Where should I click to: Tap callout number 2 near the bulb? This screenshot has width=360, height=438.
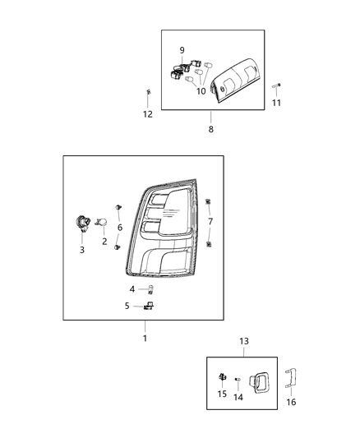click(104, 242)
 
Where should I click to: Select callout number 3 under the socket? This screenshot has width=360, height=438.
click(82, 250)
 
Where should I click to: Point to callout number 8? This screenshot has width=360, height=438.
click(210, 129)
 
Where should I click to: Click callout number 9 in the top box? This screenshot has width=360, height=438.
click(182, 50)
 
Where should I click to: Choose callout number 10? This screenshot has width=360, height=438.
click(201, 91)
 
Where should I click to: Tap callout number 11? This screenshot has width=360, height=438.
click(276, 103)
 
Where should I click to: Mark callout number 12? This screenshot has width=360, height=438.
click(148, 114)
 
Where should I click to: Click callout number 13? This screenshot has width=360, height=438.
click(243, 341)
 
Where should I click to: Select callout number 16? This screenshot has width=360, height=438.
click(290, 402)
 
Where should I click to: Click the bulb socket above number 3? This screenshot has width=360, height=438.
click(83, 221)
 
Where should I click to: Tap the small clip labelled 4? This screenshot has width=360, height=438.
click(151, 288)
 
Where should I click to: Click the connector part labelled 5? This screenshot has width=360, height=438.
click(150, 307)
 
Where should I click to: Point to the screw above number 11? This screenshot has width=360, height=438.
click(281, 85)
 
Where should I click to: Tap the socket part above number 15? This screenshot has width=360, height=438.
click(223, 376)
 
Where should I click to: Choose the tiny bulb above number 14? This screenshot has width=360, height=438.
click(237, 379)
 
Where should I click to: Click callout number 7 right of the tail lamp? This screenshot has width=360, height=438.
click(210, 222)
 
